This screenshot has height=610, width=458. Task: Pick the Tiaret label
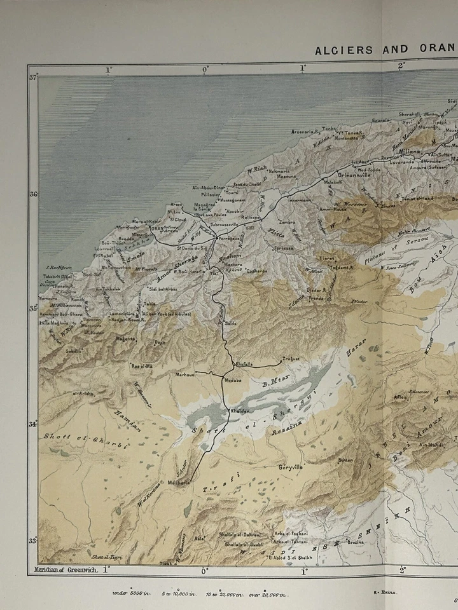click(326, 259)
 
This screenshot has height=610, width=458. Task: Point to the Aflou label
click(401, 397)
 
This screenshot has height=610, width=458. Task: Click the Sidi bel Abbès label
click(163, 288)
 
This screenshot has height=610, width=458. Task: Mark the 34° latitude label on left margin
click(32, 424)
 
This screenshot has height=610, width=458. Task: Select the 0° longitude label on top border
click(205, 69)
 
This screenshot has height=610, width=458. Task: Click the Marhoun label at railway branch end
click(186, 375)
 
